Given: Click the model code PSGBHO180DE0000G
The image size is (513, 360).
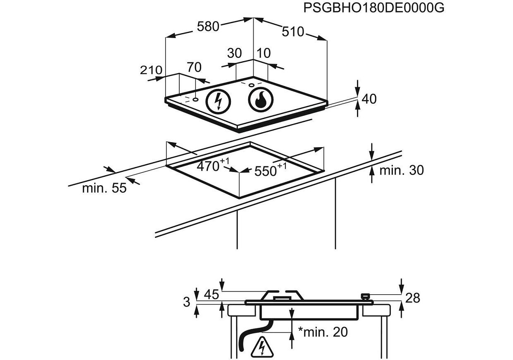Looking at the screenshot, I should pos(374,7).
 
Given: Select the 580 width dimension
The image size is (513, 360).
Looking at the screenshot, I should pos(208,26).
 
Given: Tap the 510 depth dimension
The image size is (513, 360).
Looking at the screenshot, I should pos(293,31).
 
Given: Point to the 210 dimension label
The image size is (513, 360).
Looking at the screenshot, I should pos(152,70).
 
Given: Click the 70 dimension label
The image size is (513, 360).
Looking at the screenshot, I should pos(194,67).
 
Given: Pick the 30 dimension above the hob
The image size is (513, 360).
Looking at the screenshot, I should pos(234,53).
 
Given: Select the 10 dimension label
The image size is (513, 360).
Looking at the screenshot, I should pos(264,53).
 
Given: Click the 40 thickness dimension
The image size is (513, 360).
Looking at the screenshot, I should pos(369,99).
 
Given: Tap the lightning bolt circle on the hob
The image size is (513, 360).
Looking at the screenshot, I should pos(218,101).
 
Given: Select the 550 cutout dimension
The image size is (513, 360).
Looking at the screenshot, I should pos(268,170).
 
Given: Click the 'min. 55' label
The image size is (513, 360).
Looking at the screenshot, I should pos(104,188).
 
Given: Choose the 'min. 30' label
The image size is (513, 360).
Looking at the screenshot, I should pos(401,170).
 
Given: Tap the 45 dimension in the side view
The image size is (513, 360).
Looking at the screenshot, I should pos(211,295).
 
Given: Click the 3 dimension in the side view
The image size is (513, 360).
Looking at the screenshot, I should pos(187,303).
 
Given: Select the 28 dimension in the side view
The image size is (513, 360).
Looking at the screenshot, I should pos(413,298).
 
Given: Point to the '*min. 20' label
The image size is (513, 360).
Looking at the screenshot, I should pos(323,331).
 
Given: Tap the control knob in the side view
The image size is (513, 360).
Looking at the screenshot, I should pos(365,296).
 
